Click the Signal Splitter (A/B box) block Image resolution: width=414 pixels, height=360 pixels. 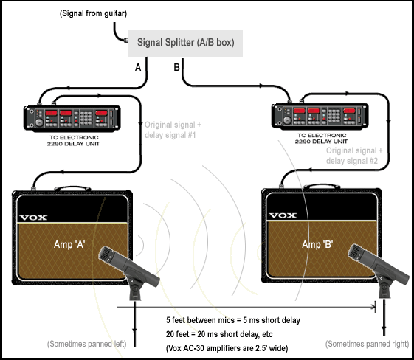[x=185, y=43]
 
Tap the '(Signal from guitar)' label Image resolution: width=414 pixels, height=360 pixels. [x=93, y=13]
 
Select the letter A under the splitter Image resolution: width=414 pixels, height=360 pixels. [x=138, y=68]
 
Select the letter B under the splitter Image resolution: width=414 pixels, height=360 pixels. [x=176, y=67]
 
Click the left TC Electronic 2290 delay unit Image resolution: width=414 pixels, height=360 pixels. [x=72, y=118]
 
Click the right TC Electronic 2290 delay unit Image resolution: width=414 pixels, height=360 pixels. [x=320, y=116]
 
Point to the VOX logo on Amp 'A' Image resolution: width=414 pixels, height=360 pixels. [x=33, y=218]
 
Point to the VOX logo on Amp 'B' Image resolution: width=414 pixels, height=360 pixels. [x=283, y=215]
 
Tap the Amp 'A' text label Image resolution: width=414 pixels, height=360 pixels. [x=69, y=244]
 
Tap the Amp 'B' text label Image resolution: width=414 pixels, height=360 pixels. [x=317, y=244]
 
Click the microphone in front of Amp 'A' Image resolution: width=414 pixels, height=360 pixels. [x=129, y=270]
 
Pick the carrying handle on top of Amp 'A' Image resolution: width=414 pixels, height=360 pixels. [x=72, y=188]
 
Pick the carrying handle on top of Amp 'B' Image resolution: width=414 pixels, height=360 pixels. [x=322, y=186]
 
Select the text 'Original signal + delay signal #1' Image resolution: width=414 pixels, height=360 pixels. [x=173, y=130]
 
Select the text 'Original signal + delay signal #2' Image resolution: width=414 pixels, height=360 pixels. [x=354, y=156]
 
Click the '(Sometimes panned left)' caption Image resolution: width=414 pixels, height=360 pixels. [x=87, y=344]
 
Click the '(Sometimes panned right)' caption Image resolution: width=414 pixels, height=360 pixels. [x=367, y=344]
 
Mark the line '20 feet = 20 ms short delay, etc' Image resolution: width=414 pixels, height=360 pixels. [x=219, y=334]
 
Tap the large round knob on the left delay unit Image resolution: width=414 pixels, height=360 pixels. [x=39, y=122]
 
